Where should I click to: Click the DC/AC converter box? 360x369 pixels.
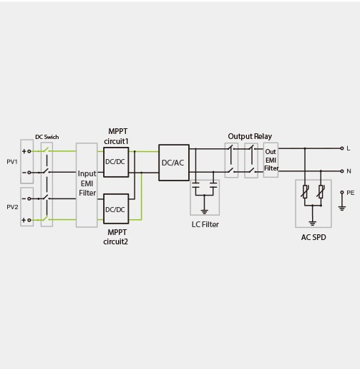pyautogui.click(x=174, y=163)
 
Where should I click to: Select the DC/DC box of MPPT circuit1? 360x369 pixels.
pyautogui.click(x=116, y=162)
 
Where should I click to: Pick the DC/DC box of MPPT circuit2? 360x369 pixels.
pyautogui.click(x=116, y=209)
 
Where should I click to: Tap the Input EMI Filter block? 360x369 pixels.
pyautogui.click(x=87, y=185)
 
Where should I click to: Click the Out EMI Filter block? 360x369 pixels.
pyautogui.click(x=271, y=160)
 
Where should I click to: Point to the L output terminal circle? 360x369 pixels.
pyautogui.click(x=342, y=148)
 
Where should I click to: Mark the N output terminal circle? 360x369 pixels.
pyautogui.click(x=342, y=171)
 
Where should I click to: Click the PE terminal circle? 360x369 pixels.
pyautogui.click(x=342, y=192)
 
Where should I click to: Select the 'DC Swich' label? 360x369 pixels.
pyautogui.click(x=47, y=137)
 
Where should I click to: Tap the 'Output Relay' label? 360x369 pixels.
pyautogui.click(x=250, y=136)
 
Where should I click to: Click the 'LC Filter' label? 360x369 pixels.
pyautogui.click(x=205, y=224)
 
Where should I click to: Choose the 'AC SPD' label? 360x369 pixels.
pyautogui.click(x=313, y=237)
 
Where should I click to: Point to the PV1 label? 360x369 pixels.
pyautogui.click(x=12, y=162)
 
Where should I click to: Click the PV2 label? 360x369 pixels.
pyautogui.click(x=12, y=207)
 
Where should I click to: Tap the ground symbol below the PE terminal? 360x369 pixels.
pyautogui.click(x=342, y=209)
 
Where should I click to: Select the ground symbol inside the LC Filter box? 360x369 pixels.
pyautogui.click(x=204, y=211)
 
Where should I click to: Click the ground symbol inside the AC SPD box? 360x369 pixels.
pyautogui.click(x=312, y=224)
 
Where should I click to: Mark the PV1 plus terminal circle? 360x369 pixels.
pyautogui.click(x=29, y=151)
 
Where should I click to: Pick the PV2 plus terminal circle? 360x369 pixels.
pyautogui.click(x=29, y=220)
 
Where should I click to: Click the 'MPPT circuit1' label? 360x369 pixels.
pyautogui.click(x=117, y=136)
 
